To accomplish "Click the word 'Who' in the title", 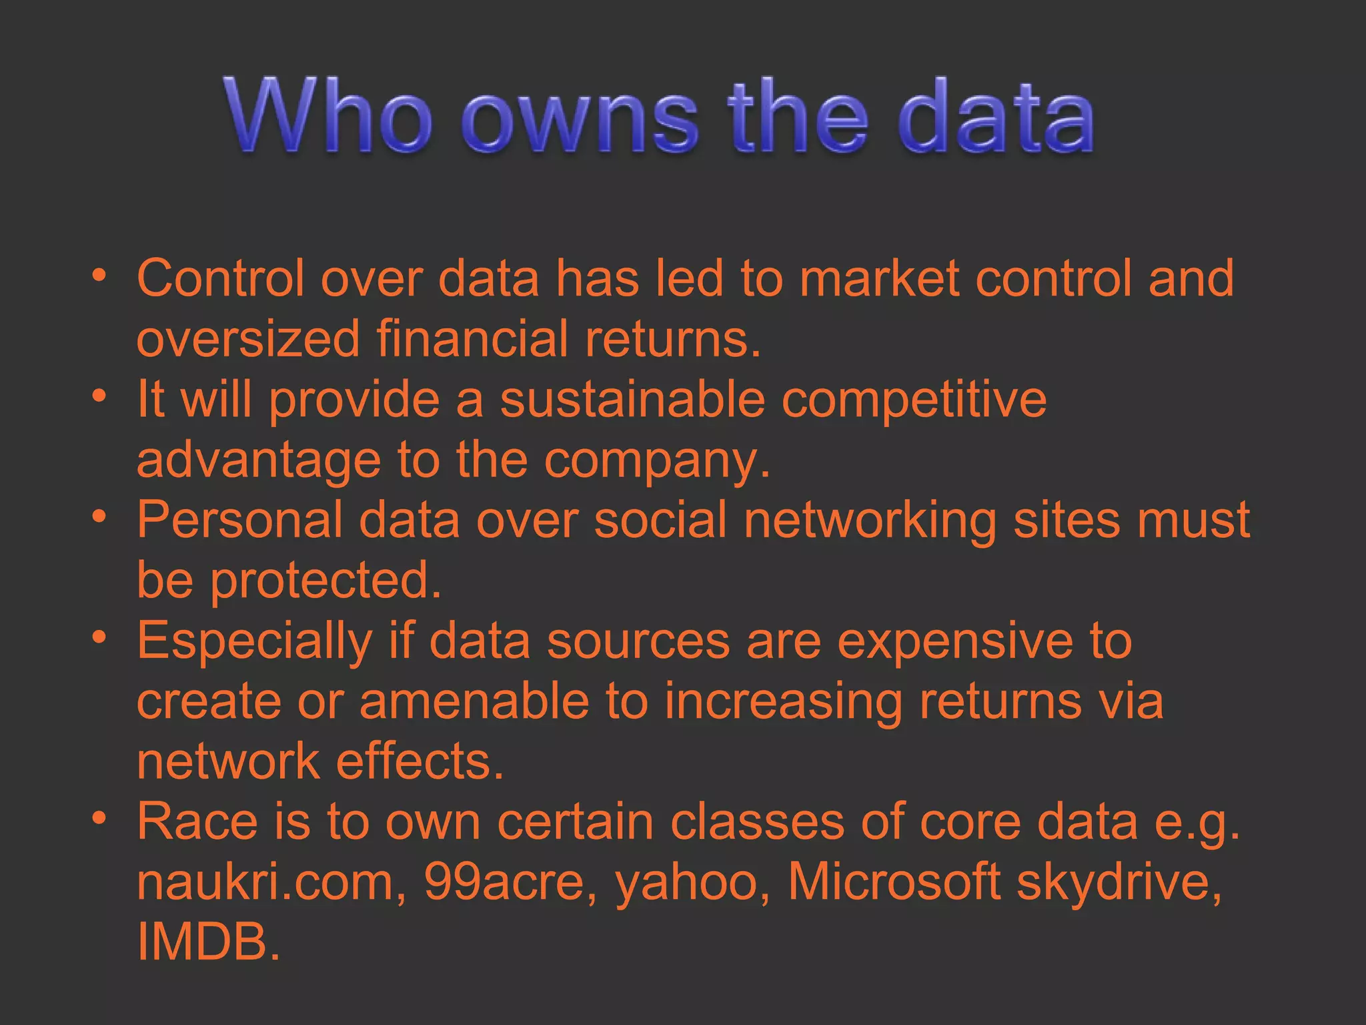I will (x=327, y=117).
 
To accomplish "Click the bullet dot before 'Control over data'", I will (x=99, y=276).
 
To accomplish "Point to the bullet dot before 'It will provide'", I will (x=99, y=396).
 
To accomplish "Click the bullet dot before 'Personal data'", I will (x=99, y=517).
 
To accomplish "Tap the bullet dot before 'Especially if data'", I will (x=99, y=637).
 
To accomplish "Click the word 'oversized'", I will (x=248, y=338).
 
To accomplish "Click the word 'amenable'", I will (x=474, y=701).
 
